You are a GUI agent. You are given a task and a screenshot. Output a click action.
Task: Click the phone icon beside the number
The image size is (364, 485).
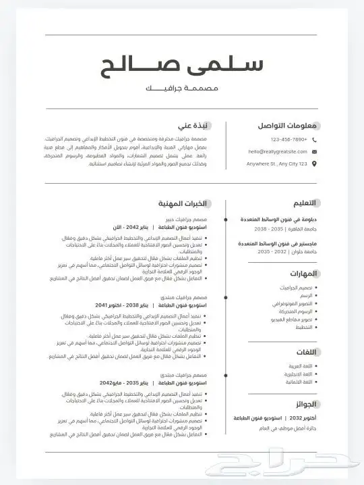[x=314, y=140]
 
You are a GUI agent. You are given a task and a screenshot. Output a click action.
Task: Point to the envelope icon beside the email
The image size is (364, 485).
[x=314, y=152]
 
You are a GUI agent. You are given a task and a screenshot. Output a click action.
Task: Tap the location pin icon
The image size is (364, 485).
[x=314, y=164]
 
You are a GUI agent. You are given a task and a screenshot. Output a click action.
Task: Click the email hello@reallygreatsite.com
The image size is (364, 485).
[x=276, y=152]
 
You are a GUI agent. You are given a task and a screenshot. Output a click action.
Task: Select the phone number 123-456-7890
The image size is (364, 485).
[x=289, y=140]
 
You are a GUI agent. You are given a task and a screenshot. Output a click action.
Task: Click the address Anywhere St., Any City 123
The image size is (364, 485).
[x=276, y=164]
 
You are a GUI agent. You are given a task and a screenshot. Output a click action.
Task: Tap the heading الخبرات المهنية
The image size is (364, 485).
[x=181, y=203]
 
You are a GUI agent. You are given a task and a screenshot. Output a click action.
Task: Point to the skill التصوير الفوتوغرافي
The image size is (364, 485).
[x=286, y=303]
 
